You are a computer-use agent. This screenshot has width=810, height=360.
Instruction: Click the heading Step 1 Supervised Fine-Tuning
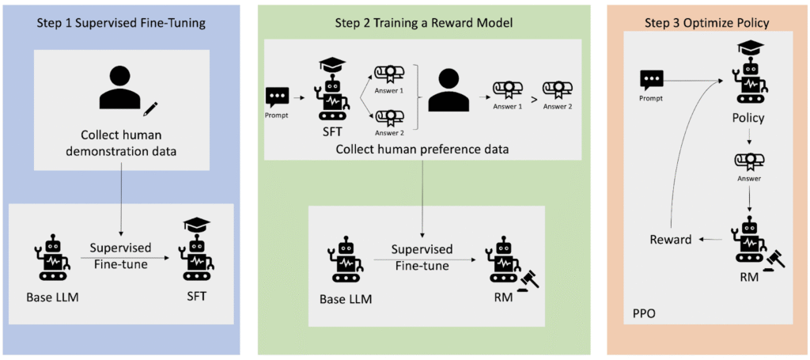121,23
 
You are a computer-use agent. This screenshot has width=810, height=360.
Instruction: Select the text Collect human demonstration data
121,142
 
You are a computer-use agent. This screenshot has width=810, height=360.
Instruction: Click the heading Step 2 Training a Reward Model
423,23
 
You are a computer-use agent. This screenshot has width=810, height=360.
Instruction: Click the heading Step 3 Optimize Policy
707,23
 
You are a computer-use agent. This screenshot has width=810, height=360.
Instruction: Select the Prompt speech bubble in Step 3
652,80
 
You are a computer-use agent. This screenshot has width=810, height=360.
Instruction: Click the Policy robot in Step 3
749,76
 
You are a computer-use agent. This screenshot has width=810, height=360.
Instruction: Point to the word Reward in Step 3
672,240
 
